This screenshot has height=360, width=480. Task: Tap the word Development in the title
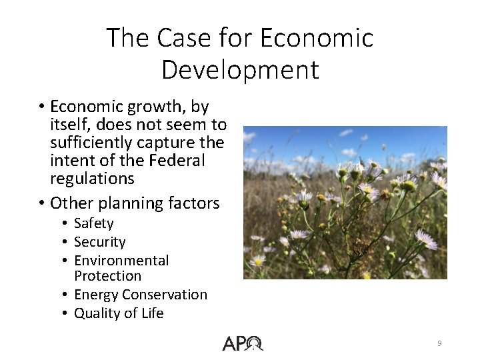[240, 69]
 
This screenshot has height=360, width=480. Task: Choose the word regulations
[92, 179]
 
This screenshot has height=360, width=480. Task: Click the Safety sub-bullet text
[94, 223]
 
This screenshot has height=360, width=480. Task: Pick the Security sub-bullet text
[100, 242]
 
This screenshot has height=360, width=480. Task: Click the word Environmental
[121, 260]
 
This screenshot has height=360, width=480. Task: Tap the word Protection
[108, 275]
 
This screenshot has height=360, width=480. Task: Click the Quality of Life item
[119, 313]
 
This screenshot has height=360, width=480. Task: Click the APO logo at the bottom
[243, 343]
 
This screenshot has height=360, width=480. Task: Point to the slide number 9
[439, 343]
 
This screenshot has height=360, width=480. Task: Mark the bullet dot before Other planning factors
[41, 203]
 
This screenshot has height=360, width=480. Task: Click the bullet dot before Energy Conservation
[67, 295]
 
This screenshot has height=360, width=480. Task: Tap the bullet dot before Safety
[67, 224]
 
